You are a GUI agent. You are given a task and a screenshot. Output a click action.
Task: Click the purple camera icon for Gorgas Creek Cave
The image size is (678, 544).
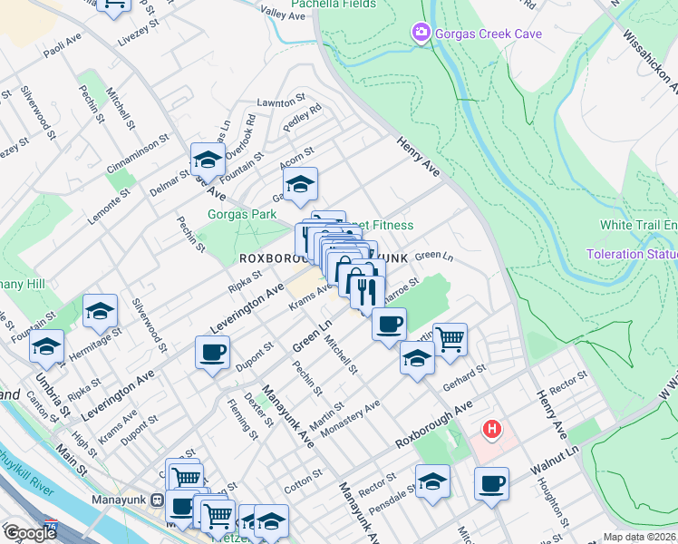[x=420, y=34]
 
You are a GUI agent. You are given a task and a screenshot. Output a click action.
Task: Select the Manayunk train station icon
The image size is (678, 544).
[x=157, y=499]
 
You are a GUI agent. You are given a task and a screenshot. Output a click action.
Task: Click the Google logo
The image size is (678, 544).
[x=30, y=533]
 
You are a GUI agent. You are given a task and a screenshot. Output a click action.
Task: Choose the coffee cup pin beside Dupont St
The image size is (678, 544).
[x=212, y=351]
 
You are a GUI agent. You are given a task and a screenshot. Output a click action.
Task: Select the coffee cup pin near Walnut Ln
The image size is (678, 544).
[x=491, y=482]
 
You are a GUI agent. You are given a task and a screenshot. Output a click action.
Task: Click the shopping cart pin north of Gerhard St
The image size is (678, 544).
[x=450, y=339]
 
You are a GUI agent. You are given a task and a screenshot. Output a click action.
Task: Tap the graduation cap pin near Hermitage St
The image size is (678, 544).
[x=100, y=311]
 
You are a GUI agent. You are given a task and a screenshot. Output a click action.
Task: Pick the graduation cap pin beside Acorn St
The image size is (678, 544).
[x=300, y=183]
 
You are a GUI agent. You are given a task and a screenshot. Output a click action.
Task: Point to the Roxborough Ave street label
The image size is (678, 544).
[x=434, y=425]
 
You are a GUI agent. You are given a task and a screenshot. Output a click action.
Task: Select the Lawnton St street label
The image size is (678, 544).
[x=277, y=102]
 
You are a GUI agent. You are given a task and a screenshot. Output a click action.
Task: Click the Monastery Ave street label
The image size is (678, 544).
[x=350, y=417]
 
